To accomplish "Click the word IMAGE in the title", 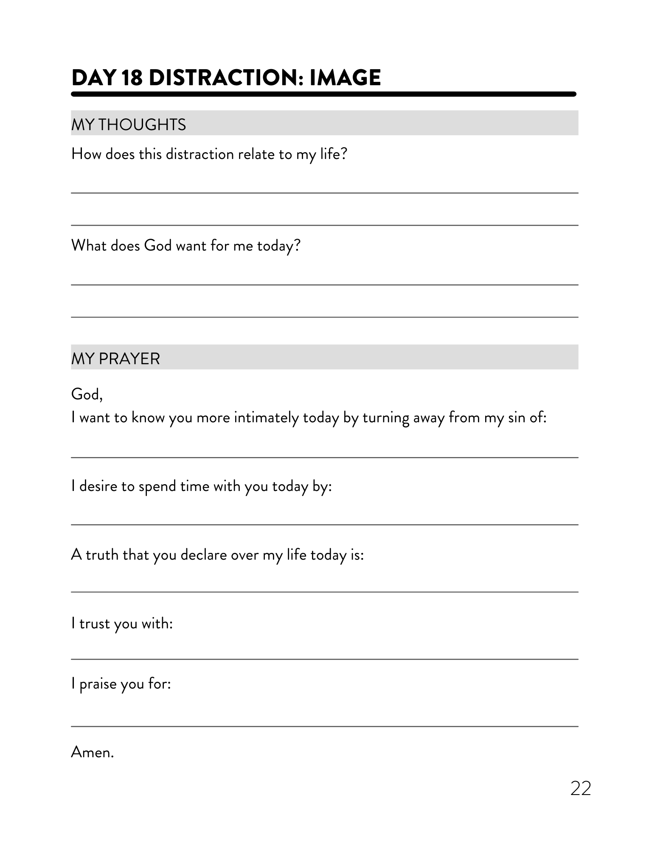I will tap(345, 78).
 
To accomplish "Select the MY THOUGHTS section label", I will tap(129, 125).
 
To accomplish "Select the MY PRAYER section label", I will tap(115, 359).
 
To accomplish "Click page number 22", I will tap(580, 788).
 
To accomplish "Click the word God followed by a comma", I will tap(87, 394).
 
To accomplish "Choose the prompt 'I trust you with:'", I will tap(122, 623).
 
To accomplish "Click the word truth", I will tap(102, 555).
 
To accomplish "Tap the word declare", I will tap(203, 555).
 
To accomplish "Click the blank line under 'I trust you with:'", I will tap(324, 659).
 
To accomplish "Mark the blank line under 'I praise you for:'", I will tap(324, 726).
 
